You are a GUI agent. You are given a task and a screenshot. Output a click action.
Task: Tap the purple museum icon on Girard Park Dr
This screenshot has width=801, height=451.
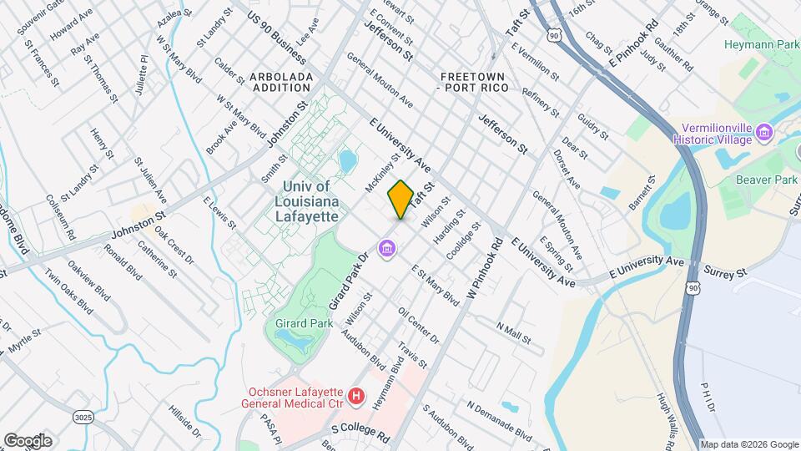(386, 248)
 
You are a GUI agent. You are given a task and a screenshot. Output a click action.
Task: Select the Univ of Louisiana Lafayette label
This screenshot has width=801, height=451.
(305, 201)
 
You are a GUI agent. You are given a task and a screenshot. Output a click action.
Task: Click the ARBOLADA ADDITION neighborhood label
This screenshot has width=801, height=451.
(281, 82)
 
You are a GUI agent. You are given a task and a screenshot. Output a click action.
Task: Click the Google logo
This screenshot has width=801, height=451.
(28, 440)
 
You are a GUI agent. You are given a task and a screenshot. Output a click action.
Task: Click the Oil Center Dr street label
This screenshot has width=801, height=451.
(419, 326)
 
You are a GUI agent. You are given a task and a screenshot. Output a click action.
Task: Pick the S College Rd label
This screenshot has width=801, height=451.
(360, 432)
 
